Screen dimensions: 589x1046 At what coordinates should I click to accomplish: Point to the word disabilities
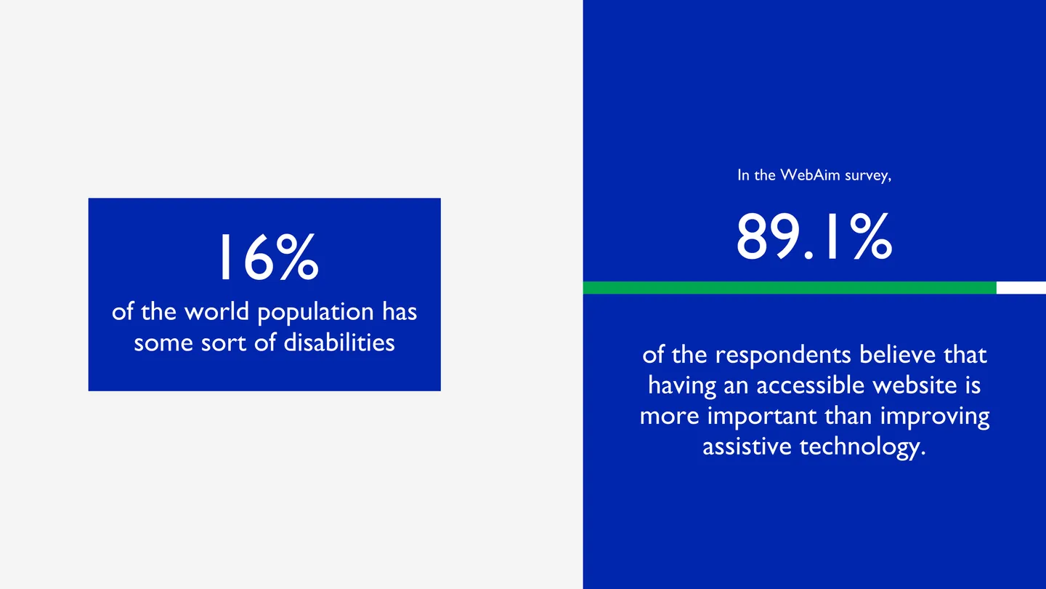coord(339,342)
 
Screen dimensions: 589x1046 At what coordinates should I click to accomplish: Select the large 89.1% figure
coord(814,236)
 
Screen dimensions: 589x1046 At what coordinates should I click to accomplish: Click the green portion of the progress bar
coord(789,288)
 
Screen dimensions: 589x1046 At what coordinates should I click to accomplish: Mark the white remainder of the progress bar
coord(1021,288)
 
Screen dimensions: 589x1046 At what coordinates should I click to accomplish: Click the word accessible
coord(807,385)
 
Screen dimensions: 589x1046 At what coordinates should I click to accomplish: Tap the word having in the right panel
coord(682,386)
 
